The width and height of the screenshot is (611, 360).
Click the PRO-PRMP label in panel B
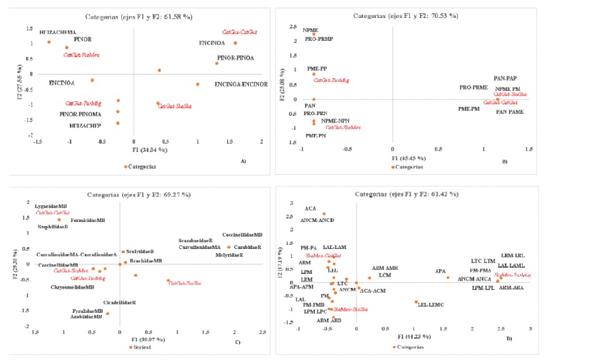click(319, 39)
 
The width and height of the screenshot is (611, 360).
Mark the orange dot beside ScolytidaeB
click(123, 252)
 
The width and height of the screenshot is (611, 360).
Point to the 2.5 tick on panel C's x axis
click(263, 333)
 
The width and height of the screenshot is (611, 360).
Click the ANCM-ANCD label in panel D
click(317, 220)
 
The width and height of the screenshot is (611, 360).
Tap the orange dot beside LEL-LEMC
click(415, 302)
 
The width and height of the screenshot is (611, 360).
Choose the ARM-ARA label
click(511, 287)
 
